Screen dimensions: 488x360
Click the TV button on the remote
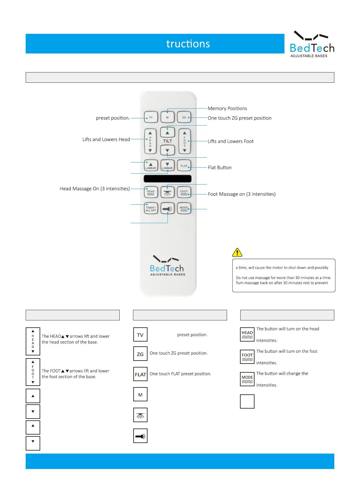pos(151,117)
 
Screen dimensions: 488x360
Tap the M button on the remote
pos(167,117)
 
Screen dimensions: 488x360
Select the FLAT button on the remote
pos(184,165)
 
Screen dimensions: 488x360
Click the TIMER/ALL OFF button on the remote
pos(151,208)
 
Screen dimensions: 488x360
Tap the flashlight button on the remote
pos(167,208)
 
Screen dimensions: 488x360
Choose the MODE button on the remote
pos(184,208)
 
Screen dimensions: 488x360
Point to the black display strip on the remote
pos(167,178)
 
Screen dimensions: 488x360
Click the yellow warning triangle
pos(237,252)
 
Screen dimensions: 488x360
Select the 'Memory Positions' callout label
pos(227,108)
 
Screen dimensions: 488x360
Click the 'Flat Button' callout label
pos(220,168)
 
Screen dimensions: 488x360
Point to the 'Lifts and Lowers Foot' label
pos(231,141)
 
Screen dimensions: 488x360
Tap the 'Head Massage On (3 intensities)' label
pos(95,189)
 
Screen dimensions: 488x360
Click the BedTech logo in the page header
pos(312,44)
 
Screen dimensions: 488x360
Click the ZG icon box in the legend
pos(140,354)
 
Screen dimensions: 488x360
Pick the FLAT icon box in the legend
pos(140,374)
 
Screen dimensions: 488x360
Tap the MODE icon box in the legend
pos(247,379)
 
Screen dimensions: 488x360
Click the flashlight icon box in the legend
pos(140,436)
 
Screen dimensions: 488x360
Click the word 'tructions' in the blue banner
pos(188,44)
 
